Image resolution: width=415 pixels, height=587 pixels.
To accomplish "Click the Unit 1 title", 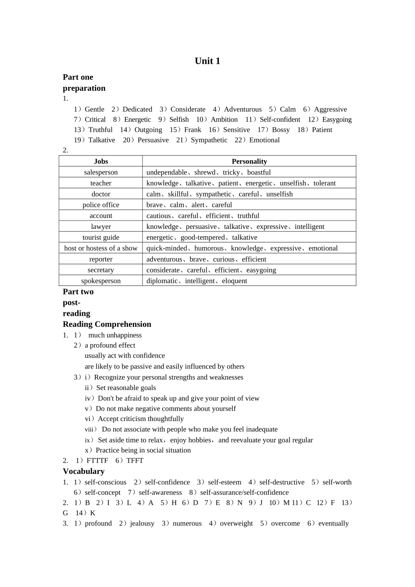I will coord(207,61).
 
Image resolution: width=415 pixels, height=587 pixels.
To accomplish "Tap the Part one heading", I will coord(78,77).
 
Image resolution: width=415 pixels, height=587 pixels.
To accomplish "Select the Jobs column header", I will coord(101,161).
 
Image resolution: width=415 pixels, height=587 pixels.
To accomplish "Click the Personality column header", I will coord(249,161).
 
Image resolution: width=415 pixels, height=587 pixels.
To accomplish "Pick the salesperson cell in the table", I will coord(101,172).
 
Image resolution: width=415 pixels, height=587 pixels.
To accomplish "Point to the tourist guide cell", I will coord(101,237).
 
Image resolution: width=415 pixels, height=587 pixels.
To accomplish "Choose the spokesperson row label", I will coord(101,281).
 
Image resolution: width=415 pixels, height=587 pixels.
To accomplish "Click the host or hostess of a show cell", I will coord(101,248).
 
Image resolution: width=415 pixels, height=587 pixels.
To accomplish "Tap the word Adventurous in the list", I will coord(242,109).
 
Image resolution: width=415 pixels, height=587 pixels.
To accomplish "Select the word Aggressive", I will coord(330,109).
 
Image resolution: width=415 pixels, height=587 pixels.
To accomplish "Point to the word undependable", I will coord(166,172).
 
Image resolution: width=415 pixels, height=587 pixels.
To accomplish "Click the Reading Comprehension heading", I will coord(107,324).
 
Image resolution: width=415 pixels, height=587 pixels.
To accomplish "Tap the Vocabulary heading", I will coord(83,471).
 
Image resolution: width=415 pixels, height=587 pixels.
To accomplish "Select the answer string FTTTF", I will coord(97,460).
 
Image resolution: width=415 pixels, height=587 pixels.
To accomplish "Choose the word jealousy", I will coord(142,523).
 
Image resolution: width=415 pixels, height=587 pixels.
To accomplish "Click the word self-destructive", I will coord(282,482).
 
